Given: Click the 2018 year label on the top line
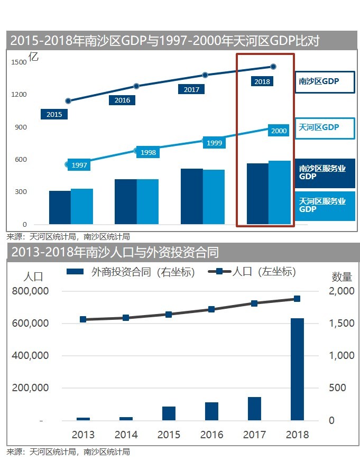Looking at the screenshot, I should click(262, 81).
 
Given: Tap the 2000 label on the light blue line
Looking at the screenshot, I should click(278, 131).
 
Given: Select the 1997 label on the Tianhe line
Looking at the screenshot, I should click(79, 165).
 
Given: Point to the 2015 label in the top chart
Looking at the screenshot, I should click(54, 114).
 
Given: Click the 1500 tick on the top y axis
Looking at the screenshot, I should click(19, 62).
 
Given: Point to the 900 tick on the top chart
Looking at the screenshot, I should click(20, 127).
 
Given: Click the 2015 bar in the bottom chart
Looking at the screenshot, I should click(169, 413).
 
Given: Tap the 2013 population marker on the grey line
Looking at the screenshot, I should click(83, 319).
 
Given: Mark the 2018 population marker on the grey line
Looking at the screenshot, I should click(297, 299).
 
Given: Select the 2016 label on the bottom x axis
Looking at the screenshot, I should click(211, 435).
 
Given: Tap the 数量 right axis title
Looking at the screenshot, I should click(341, 276).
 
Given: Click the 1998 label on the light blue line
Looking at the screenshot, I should click(149, 152).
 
